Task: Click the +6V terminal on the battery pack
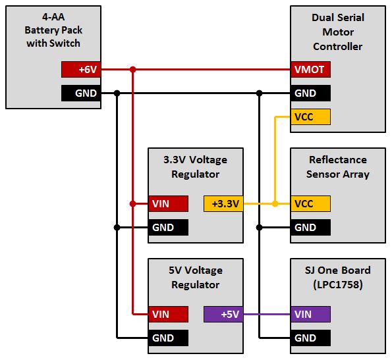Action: click(81, 69)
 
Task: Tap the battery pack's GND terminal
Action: click(81, 93)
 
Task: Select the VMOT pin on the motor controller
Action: click(310, 69)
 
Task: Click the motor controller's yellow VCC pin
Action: click(310, 116)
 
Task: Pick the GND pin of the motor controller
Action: click(310, 93)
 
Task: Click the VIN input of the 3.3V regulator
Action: click(168, 204)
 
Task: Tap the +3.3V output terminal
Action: click(223, 204)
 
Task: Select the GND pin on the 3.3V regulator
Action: click(168, 228)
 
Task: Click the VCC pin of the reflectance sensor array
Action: click(310, 204)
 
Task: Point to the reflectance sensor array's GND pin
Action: click(310, 228)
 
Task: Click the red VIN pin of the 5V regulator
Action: click(168, 315)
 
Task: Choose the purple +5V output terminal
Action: click(223, 315)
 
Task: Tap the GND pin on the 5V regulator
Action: click(168, 338)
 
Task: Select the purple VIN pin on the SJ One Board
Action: click(310, 315)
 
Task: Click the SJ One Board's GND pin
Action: click(310, 338)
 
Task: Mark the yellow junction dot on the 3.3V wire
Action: click(275, 204)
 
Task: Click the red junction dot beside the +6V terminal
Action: click(132, 69)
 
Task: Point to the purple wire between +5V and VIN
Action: click(267, 315)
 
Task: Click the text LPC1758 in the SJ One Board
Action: click(338, 284)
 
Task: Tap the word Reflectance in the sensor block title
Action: click(338, 159)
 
